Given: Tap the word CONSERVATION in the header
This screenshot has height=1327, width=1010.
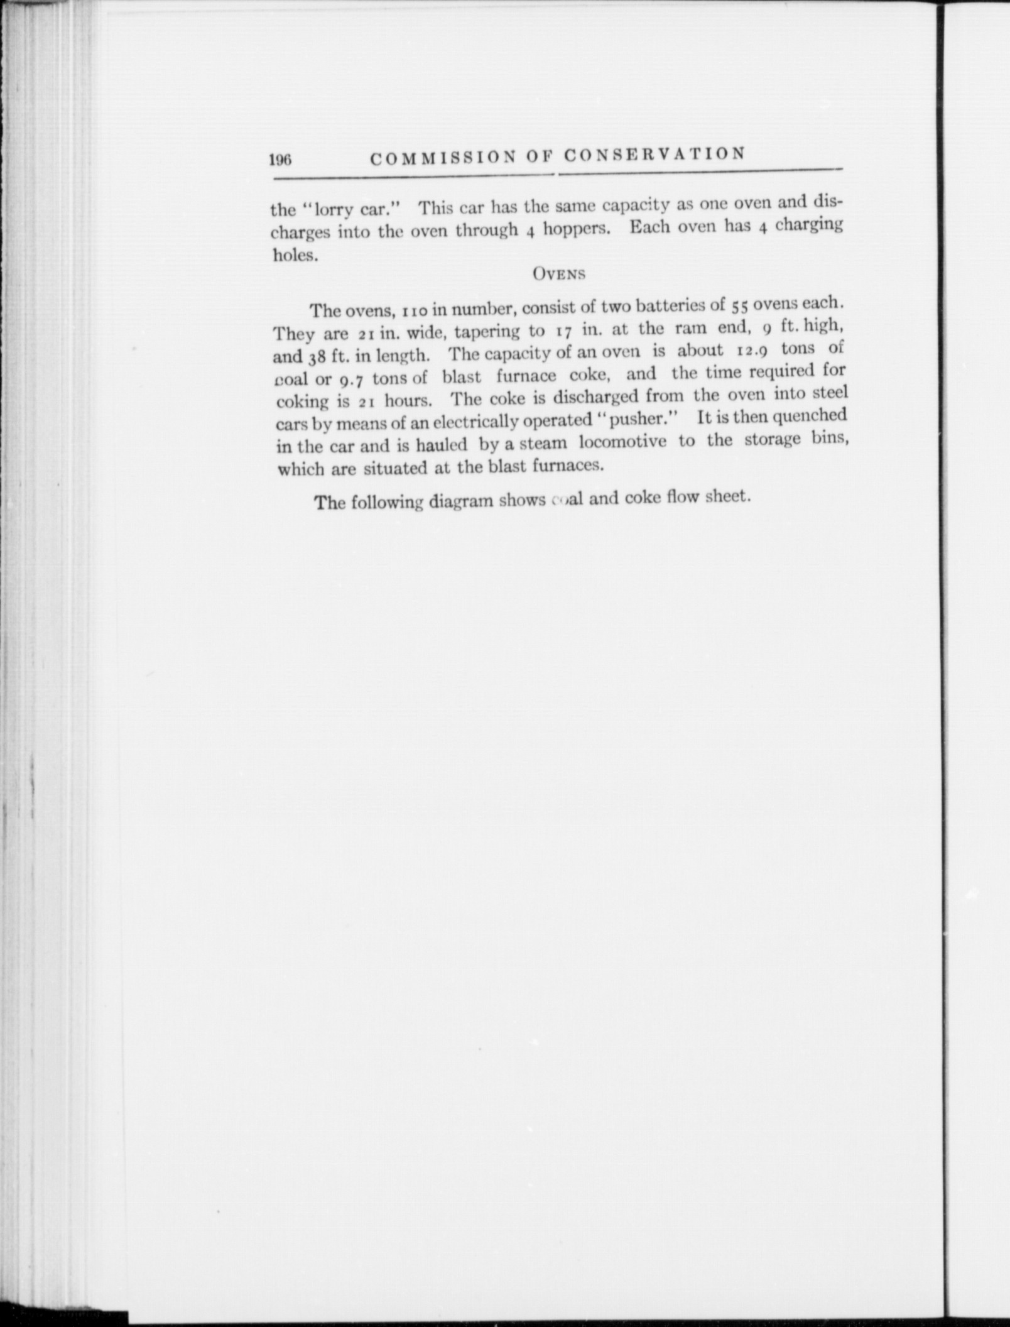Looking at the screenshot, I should pyautogui.click(x=653, y=154).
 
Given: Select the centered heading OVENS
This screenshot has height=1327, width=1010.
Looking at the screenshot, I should pyautogui.click(x=558, y=274).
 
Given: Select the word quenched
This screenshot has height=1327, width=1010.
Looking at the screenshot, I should pyautogui.click(x=810, y=415).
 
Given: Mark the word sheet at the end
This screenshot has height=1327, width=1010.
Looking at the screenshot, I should pyautogui.click(x=727, y=496).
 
